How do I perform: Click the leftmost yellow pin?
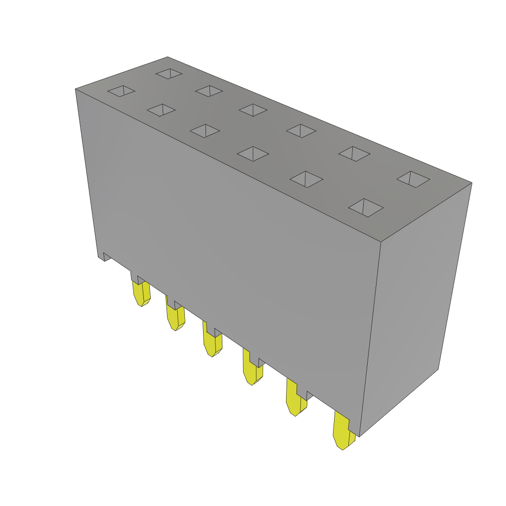[x=141, y=294]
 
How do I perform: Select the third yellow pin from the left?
[x=212, y=344]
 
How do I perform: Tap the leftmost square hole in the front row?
[x=122, y=91]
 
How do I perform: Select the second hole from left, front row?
[x=161, y=110]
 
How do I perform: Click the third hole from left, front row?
[x=205, y=131]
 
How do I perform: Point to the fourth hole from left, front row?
[x=253, y=154]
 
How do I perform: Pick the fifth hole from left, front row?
[x=306, y=179]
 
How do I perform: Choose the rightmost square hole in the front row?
[x=366, y=208]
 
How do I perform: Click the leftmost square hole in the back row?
[x=169, y=74]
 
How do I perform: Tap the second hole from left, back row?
[x=209, y=91]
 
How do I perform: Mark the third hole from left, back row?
[x=253, y=110]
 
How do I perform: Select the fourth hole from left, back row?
[x=301, y=131]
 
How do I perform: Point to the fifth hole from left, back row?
[x=354, y=154]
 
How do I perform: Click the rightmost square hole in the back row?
[x=413, y=179]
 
